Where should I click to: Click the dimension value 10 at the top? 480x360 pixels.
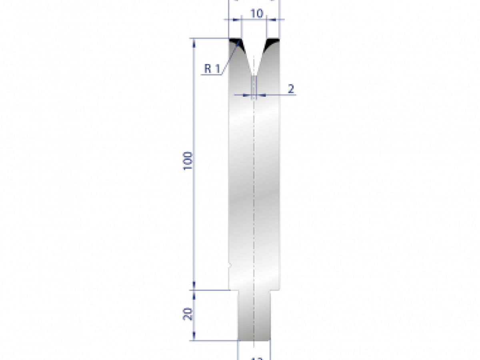tap(256, 14)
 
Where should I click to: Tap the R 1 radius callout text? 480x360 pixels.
tap(212, 69)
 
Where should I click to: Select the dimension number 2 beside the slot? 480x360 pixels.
tap(291, 89)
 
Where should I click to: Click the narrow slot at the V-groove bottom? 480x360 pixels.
tap(254, 86)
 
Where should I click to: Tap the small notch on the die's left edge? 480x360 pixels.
tap(230, 265)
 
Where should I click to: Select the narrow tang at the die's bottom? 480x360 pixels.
tap(254, 316)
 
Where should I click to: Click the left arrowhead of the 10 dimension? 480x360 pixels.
tap(239, 19)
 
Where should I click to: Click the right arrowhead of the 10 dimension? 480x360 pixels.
tap(270, 19)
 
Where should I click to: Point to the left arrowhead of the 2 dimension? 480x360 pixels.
tap(247, 95)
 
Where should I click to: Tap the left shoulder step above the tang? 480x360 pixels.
tap(234, 290)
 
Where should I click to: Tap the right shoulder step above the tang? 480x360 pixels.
tap(275, 290)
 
